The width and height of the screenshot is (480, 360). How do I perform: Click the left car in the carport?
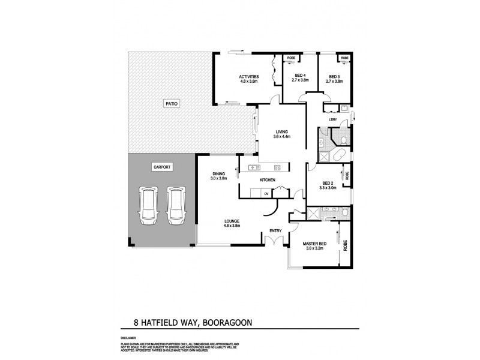(148, 205)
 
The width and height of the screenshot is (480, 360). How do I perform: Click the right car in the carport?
(175, 205)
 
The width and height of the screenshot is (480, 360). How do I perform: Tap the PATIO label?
(171, 104)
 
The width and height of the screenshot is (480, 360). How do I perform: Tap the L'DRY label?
(334, 119)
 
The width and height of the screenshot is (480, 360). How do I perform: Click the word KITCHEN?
(267, 180)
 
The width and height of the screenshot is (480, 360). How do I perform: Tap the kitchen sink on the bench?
(252, 167)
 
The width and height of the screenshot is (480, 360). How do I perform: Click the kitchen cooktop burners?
(277, 167)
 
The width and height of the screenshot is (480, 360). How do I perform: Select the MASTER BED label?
(314, 245)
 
